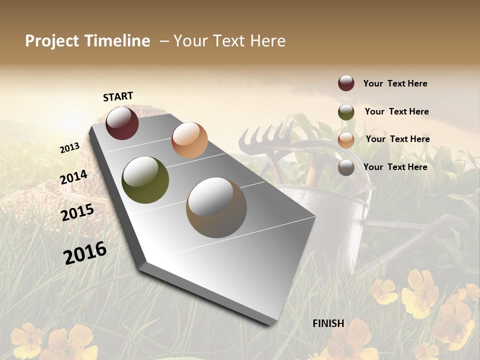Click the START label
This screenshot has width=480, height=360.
118,96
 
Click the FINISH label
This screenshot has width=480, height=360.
328,323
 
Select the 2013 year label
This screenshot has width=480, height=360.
69,147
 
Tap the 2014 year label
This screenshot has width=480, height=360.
73,177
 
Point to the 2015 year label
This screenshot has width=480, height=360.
77,212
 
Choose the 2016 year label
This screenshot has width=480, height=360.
85,252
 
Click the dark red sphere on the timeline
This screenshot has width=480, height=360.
122,123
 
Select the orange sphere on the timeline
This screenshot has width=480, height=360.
189,140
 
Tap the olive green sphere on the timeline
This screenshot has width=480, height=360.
145,180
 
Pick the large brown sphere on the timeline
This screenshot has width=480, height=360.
216,207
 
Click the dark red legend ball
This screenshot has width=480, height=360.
346,83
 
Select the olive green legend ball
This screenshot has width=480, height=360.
346,112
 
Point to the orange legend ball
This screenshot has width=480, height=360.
346,139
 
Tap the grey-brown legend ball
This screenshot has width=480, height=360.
346,167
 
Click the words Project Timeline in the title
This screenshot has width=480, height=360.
87,41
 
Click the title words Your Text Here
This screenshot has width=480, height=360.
229,41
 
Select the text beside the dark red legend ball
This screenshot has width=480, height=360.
395,83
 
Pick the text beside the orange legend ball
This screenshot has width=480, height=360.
397,139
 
